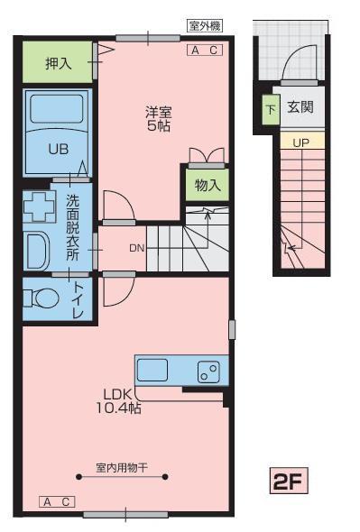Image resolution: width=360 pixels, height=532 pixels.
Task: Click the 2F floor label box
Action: click(x=290, y=481)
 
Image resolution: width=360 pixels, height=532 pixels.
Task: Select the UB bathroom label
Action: click(x=57, y=148)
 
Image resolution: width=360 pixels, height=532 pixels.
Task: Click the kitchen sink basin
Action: click(x=152, y=371)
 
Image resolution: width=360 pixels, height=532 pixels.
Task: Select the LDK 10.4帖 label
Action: click(x=120, y=400)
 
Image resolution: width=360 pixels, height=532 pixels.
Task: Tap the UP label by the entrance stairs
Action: click(x=301, y=142)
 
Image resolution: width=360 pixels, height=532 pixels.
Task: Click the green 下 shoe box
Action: click(x=270, y=110)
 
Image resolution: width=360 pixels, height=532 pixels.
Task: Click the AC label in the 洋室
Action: click(x=205, y=50)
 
